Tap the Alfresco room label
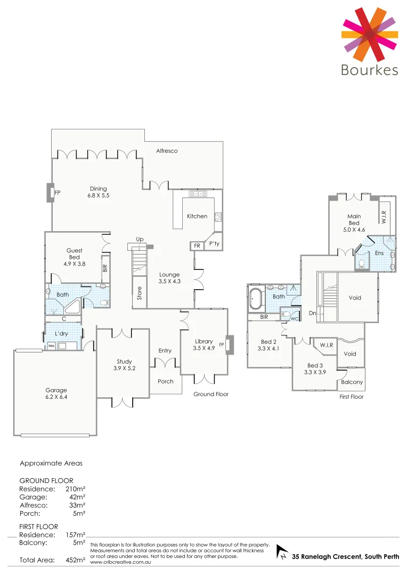(167, 151)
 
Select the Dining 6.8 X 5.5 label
(98, 192)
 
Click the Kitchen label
(197, 216)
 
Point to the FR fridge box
(197, 246)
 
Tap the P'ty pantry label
(214, 244)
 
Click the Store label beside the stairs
(140, 293)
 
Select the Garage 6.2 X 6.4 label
(56, 393)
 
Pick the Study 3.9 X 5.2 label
(124, 365)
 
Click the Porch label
(165, 382)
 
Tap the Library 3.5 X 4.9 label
(203, 345)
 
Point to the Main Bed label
(354, 220)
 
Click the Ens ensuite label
(379, 253)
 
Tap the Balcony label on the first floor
(352, 382)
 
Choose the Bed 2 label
(268, 345)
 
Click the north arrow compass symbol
(282, 554)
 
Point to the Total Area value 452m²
(75, 560)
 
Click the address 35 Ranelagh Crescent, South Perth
(345, 557)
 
